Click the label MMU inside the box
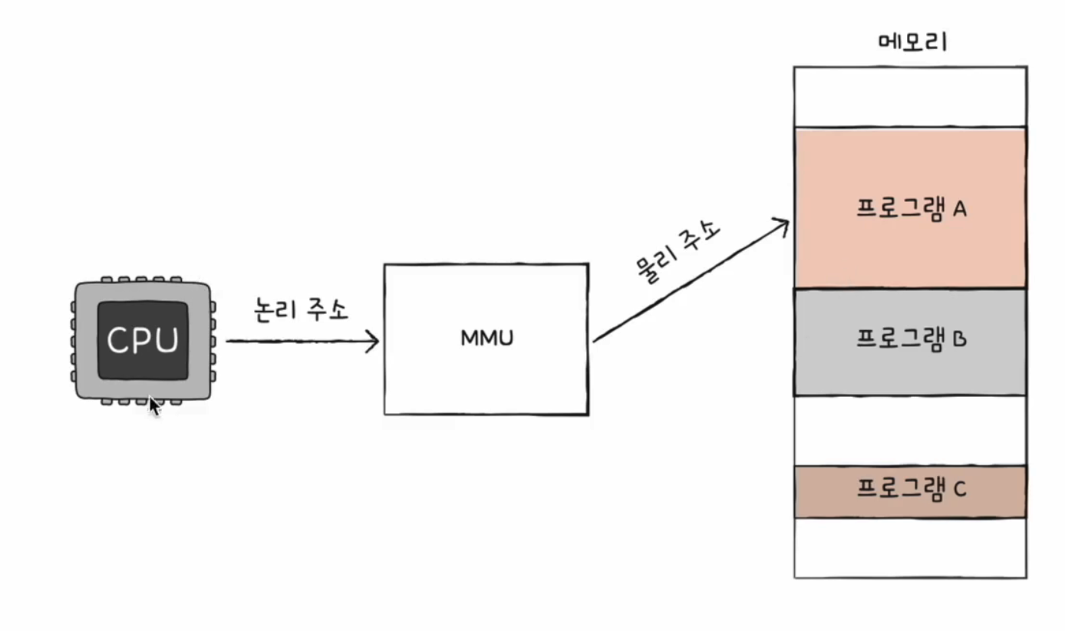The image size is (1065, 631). pyautogui.click(x=486, y=338)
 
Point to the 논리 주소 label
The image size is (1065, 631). pyautogui.click(x=301, y=309)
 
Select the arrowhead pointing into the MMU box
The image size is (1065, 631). pyautogui.click(x=374, y=342)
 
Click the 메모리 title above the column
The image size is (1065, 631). pyautogui.click(x=912, y=41)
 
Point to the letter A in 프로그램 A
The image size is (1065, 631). pyautogui.click(x=958, y=210)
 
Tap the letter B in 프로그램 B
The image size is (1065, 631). pyautogui.click(x=959, y=339)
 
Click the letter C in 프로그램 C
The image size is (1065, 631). pyautogui.click(x=959, y=489)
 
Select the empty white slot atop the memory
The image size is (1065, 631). pyautogui.click(x=910, y=97)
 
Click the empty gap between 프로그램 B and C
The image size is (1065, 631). pyautogui.click(x=910, y=431)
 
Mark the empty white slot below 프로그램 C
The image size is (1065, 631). pyautogui.click(x=910, y=547)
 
